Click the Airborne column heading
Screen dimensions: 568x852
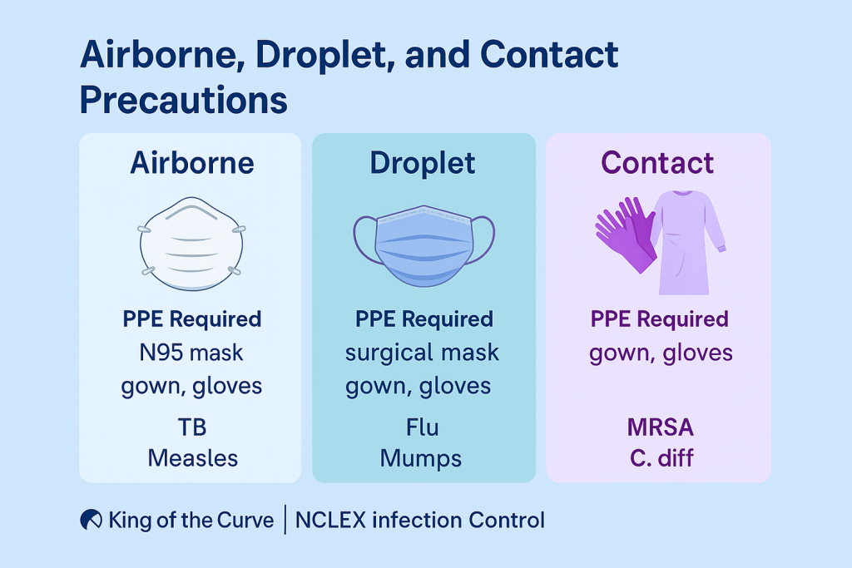tap(191, 163)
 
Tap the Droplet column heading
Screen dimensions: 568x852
tap(423, 163)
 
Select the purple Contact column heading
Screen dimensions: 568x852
tap(657, 163)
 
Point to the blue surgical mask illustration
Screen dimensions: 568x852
tap(424, 244)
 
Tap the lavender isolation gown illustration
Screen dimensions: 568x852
tap(686, 241)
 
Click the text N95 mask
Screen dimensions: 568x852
tap(191, 353)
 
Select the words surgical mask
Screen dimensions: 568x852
tap(423, 353)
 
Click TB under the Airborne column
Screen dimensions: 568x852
tap(191, 427)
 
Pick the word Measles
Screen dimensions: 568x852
tap(191, 458)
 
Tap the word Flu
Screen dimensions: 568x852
tap(423, 427)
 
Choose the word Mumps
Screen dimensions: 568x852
tap(423, 458)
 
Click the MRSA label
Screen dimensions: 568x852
tap(661, 427)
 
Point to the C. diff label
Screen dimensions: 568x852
tap(661, 458)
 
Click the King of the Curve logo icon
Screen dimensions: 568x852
tap(91, 521)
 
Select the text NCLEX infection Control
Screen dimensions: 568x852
tap(420, 521)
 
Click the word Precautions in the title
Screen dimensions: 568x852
tap(184, 101)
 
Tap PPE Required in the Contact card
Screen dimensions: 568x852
tap(660, 319)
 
